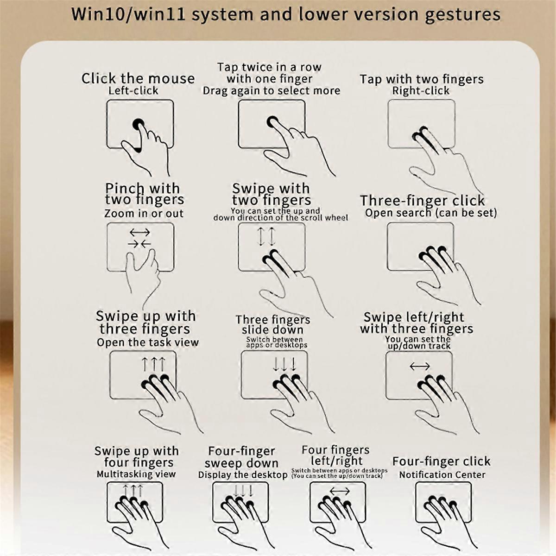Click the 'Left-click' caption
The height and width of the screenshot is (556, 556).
(x=133, y=91)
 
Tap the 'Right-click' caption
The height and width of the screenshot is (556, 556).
(x=421, y=91)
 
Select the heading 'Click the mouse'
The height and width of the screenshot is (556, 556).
(x=138, y=78)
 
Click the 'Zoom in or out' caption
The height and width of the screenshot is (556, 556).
(x=144, y=214)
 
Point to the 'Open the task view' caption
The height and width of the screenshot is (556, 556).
(x=148, y=342)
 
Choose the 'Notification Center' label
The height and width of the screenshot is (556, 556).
(x=442, y=474)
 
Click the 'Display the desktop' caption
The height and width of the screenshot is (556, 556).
(x=243, y=475)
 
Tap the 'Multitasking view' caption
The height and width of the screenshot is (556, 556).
(x=136, y=474)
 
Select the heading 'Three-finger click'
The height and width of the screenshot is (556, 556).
(x=422, y=201)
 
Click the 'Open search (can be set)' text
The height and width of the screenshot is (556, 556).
(x=431, y=213)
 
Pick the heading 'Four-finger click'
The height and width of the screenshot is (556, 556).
(x=441, y=461)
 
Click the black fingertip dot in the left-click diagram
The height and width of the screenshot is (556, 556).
(x=139, y=124)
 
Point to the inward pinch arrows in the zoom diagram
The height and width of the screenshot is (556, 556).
(x=139, y=244)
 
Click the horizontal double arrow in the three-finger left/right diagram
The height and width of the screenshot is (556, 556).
(x=419, y=366)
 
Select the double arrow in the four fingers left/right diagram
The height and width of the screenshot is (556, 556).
(x=339, y=491)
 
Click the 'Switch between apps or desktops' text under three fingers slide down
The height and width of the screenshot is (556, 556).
(x=277, y=342)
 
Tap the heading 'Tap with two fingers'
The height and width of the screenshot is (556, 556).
(x=422, y=79)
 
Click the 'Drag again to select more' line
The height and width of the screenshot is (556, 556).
(x=271, y=91)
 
